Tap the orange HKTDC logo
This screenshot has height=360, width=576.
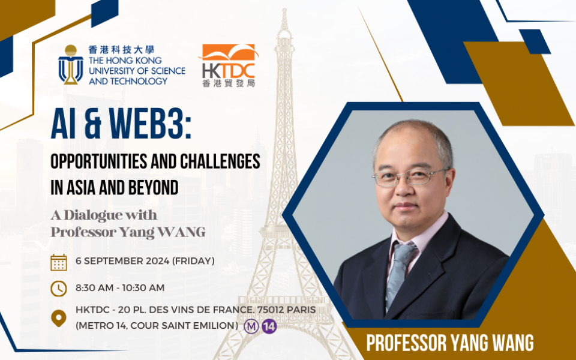[227, 65]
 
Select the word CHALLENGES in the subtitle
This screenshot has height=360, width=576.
[221, 162]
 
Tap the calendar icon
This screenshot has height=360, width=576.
[59, 262]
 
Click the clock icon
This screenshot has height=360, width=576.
[59, 289]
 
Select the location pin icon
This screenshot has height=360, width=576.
[59, 317]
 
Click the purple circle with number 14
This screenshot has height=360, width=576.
[269, 327]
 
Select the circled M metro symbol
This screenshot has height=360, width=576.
[251, 327]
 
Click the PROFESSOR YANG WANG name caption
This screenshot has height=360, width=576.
[450, 343]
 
